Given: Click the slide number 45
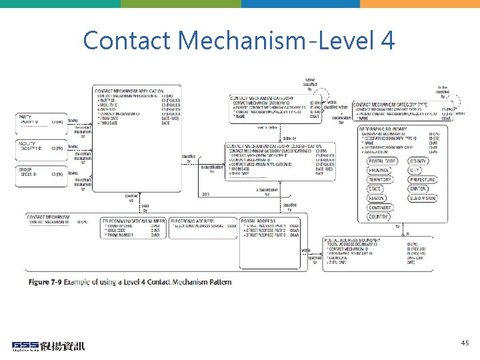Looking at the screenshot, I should tap(465, 343).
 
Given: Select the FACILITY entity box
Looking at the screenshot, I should tap(41, 147).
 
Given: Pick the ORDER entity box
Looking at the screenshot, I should tap(41, 173).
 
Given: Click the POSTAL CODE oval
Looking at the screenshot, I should tap(382, 161).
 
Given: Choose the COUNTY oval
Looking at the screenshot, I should tap(418, 161).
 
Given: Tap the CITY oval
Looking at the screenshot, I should tap(418, 171).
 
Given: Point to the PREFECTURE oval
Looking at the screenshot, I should tap(422, 180).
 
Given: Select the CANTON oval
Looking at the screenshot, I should tap(418, 189).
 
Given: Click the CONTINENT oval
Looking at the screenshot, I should tap(379, 208).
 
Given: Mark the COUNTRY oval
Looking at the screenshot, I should tap(378, 217).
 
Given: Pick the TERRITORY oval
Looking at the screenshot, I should tap(380, 180).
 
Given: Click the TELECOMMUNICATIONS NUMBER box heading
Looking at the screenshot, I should tap(133, 219).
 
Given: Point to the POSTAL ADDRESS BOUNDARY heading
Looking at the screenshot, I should tap(353, 239).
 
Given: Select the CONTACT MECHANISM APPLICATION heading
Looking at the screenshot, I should tap(129, 90).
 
